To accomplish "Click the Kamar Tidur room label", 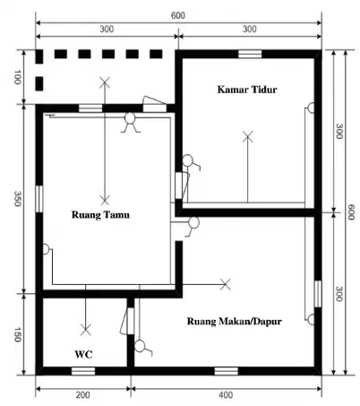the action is pos(247,90).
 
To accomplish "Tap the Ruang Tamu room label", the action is pos(100,214).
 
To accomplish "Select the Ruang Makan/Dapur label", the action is pos(235,321).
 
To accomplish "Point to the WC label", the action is pos(83,354).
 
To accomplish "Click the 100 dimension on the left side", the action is pos(17,77).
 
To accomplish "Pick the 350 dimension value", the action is pos(17,199).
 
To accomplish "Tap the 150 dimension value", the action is pos(17,334).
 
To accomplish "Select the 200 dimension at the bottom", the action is pos(82,395).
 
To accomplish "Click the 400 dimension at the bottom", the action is pos(226,395).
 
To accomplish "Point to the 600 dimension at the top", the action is pos(178,15).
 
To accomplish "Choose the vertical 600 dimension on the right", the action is pos(351,212).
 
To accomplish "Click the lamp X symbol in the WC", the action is pos(86,330).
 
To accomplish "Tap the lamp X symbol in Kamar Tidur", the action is pos(247,136).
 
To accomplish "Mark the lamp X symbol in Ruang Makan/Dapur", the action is pos(225,284).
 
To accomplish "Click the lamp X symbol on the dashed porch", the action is pos(105,82).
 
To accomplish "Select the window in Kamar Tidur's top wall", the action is pos(250,54).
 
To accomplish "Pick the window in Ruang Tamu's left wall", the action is pos(39,199).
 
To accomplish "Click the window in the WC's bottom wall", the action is pos(83,371).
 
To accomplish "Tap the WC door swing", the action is pos(124,321).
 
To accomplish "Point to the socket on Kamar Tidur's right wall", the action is pos(311,108).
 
